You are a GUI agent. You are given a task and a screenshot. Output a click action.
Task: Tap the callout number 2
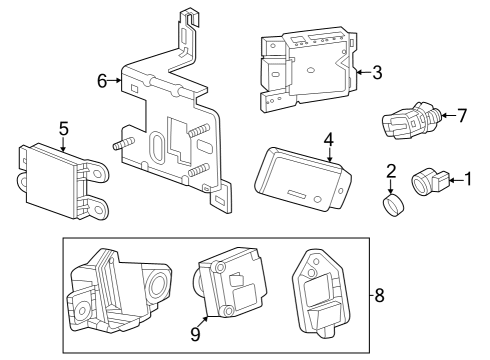click(x=392, y=171)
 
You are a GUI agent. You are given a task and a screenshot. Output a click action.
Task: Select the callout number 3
click(x=376, y=72)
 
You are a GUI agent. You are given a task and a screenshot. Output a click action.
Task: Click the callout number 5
click(x=63, y=129)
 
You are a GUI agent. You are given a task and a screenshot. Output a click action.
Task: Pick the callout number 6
click(x=102, y=80)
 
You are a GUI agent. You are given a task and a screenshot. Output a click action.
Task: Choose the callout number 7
click(x=461, y=116)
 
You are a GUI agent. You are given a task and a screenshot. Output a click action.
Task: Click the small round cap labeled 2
click(x=392, y=206)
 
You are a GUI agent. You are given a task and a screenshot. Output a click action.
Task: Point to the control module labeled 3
click(x=308, y=68)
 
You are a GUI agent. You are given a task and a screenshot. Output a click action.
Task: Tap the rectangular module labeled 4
click(x=300, y=178)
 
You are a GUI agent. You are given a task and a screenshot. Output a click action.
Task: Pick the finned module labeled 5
click(x=57, y=175)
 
